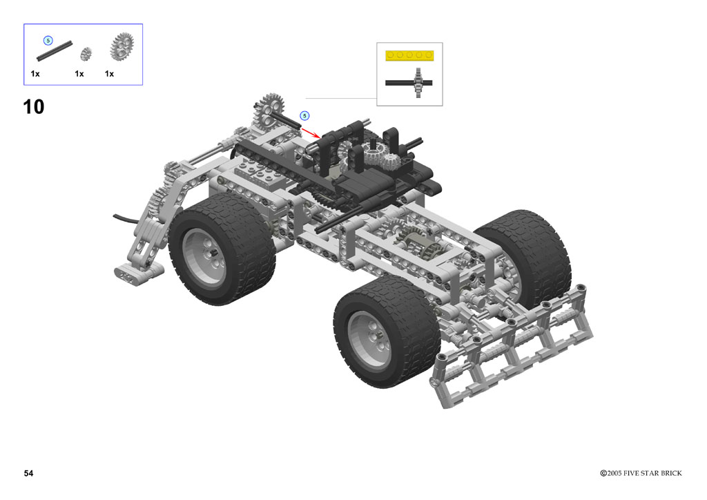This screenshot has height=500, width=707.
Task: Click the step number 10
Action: point(34,107)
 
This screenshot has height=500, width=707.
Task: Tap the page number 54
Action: point(29,473)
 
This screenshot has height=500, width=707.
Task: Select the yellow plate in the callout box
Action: point(409,55)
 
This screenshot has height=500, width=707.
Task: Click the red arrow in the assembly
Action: point(311,133)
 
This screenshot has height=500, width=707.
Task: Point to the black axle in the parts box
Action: point(54,51)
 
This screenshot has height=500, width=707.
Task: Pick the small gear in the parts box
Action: point(86,54)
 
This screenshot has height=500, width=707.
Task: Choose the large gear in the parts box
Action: point(122,46)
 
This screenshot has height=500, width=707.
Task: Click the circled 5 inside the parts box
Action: point(48,41)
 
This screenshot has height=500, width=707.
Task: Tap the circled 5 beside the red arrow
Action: point(304,116)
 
